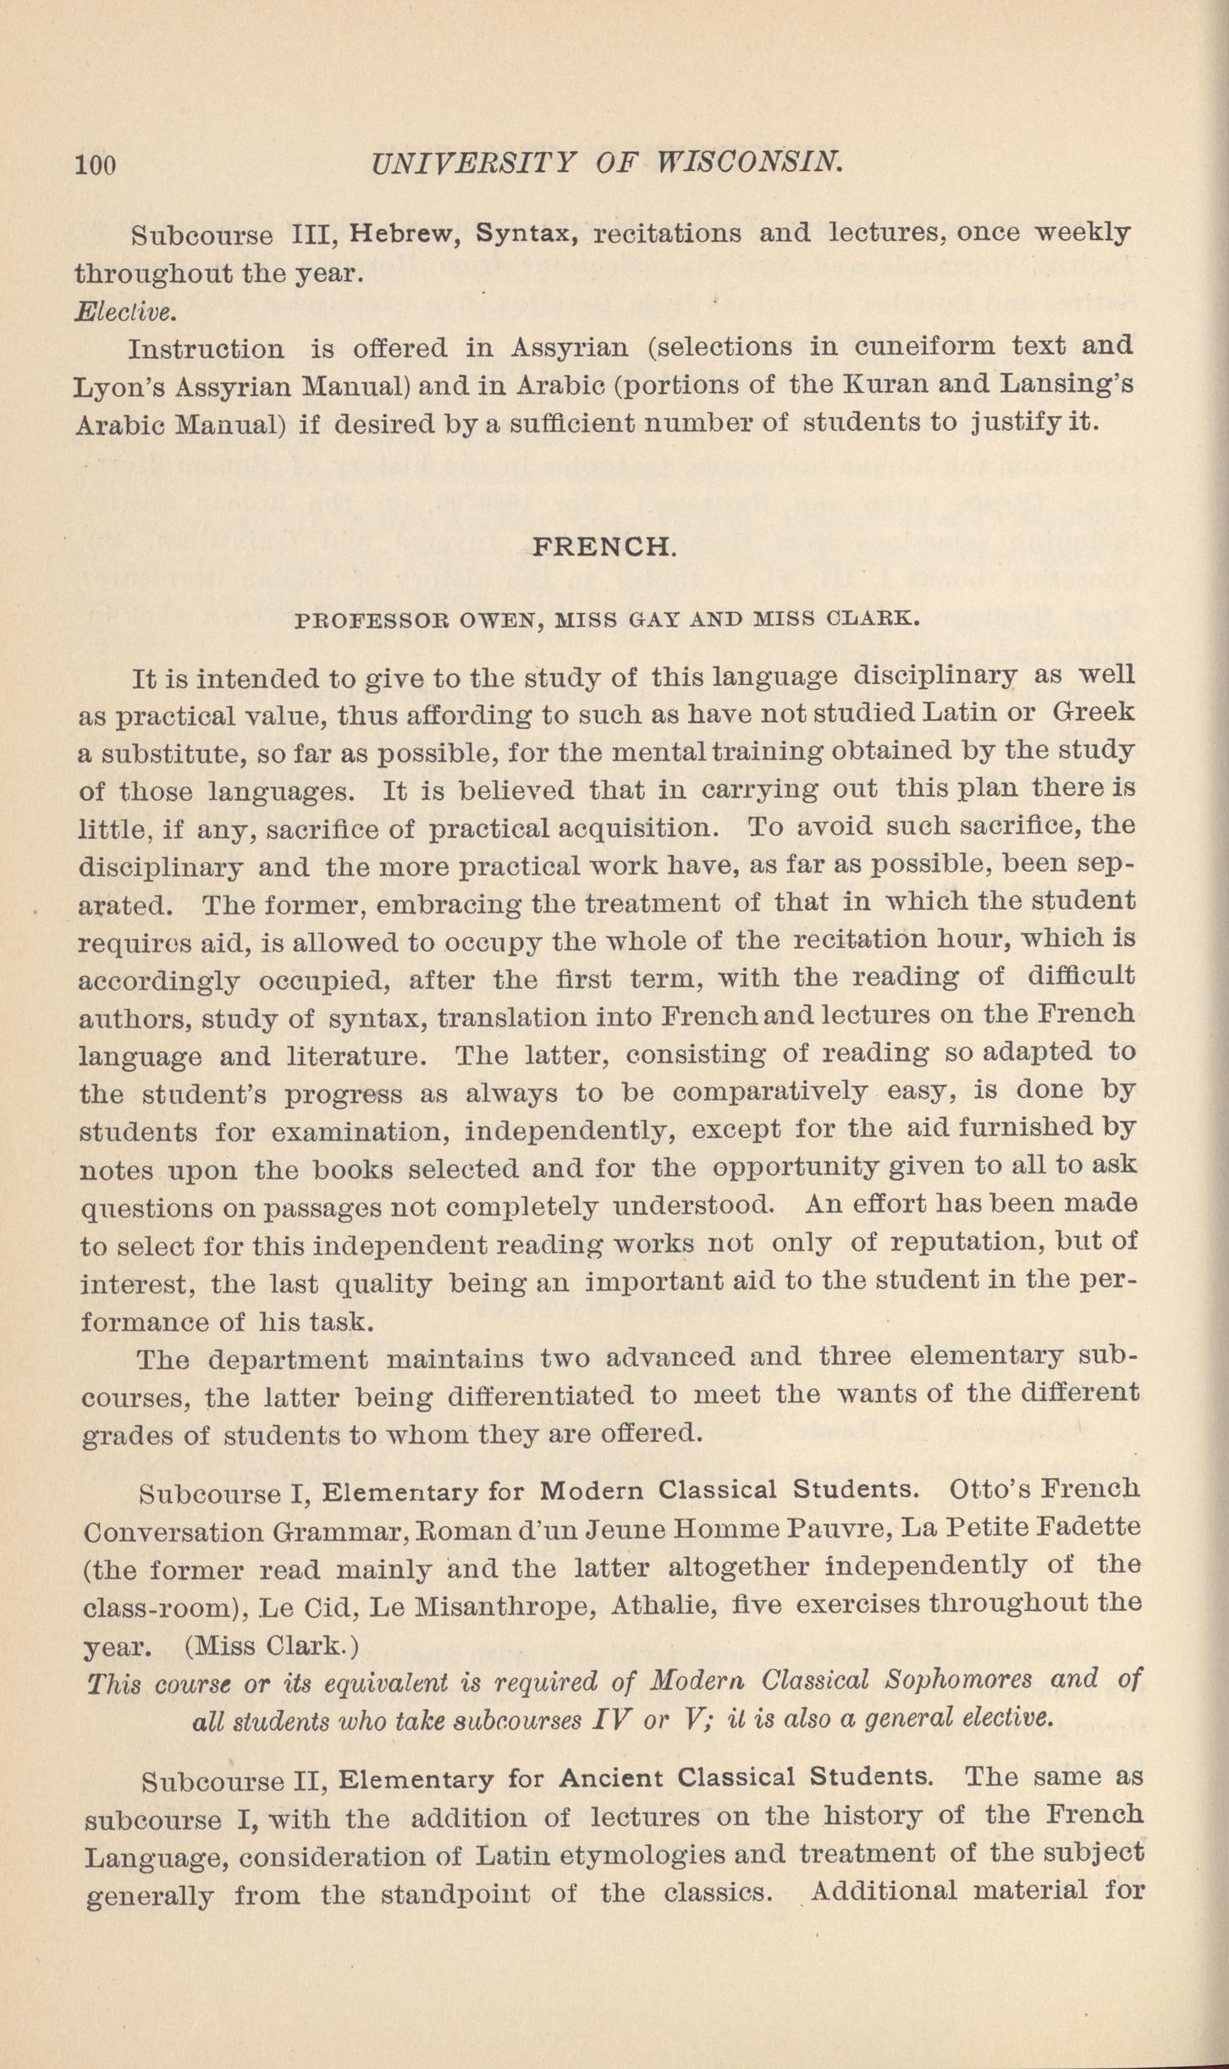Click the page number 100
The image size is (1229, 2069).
click(96, 164)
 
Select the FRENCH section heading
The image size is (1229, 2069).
click(603, 547)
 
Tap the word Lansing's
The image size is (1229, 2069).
click(1066, 384)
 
